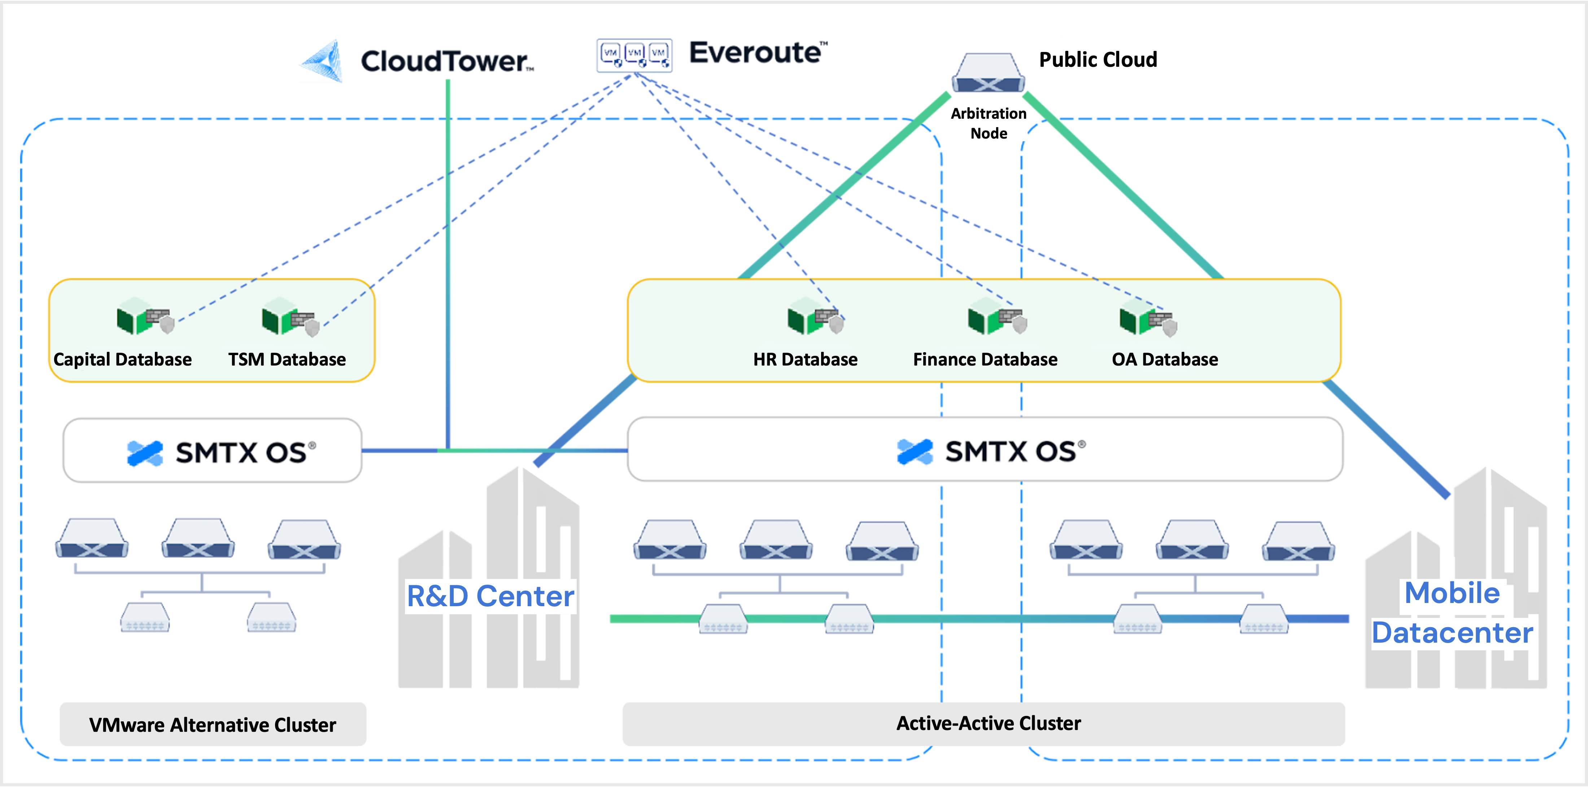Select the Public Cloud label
coord(1098,60)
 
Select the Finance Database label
coord(985,359)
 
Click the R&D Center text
coord(490,596)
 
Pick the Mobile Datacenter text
coord(1452,613)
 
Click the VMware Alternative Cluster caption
coord(213,725)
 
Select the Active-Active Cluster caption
coord(988,723)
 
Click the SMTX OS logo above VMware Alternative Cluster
coord(221,452)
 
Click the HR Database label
coord(805,359)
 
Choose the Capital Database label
coord(123,359)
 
